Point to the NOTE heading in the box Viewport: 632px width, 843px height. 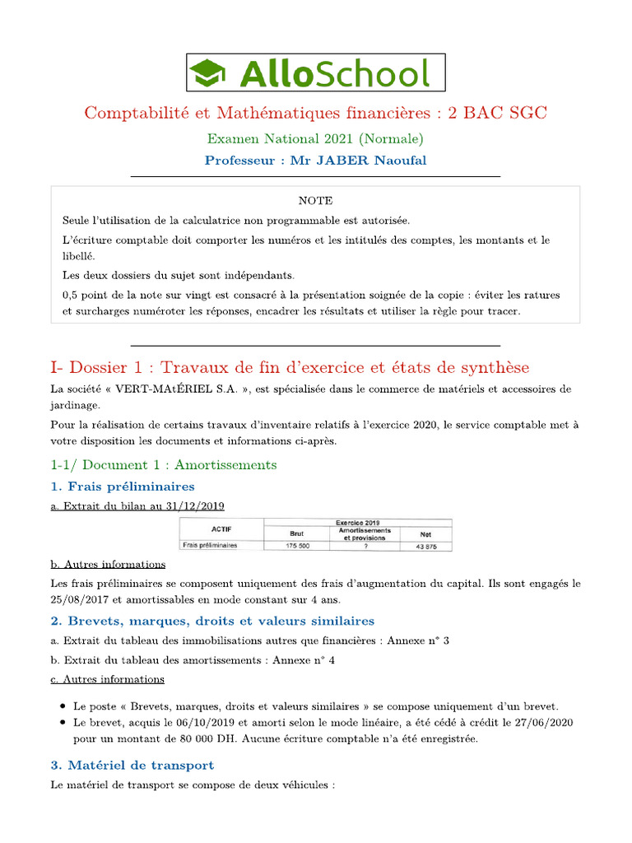click(x=316, y=200)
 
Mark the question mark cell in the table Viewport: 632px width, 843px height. click(x=364, y=546)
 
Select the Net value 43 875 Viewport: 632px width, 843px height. click(x=425, y=546)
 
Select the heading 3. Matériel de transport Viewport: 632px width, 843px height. click(x=132, y=765)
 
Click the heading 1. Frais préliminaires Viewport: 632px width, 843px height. click(x=123, y=486)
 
